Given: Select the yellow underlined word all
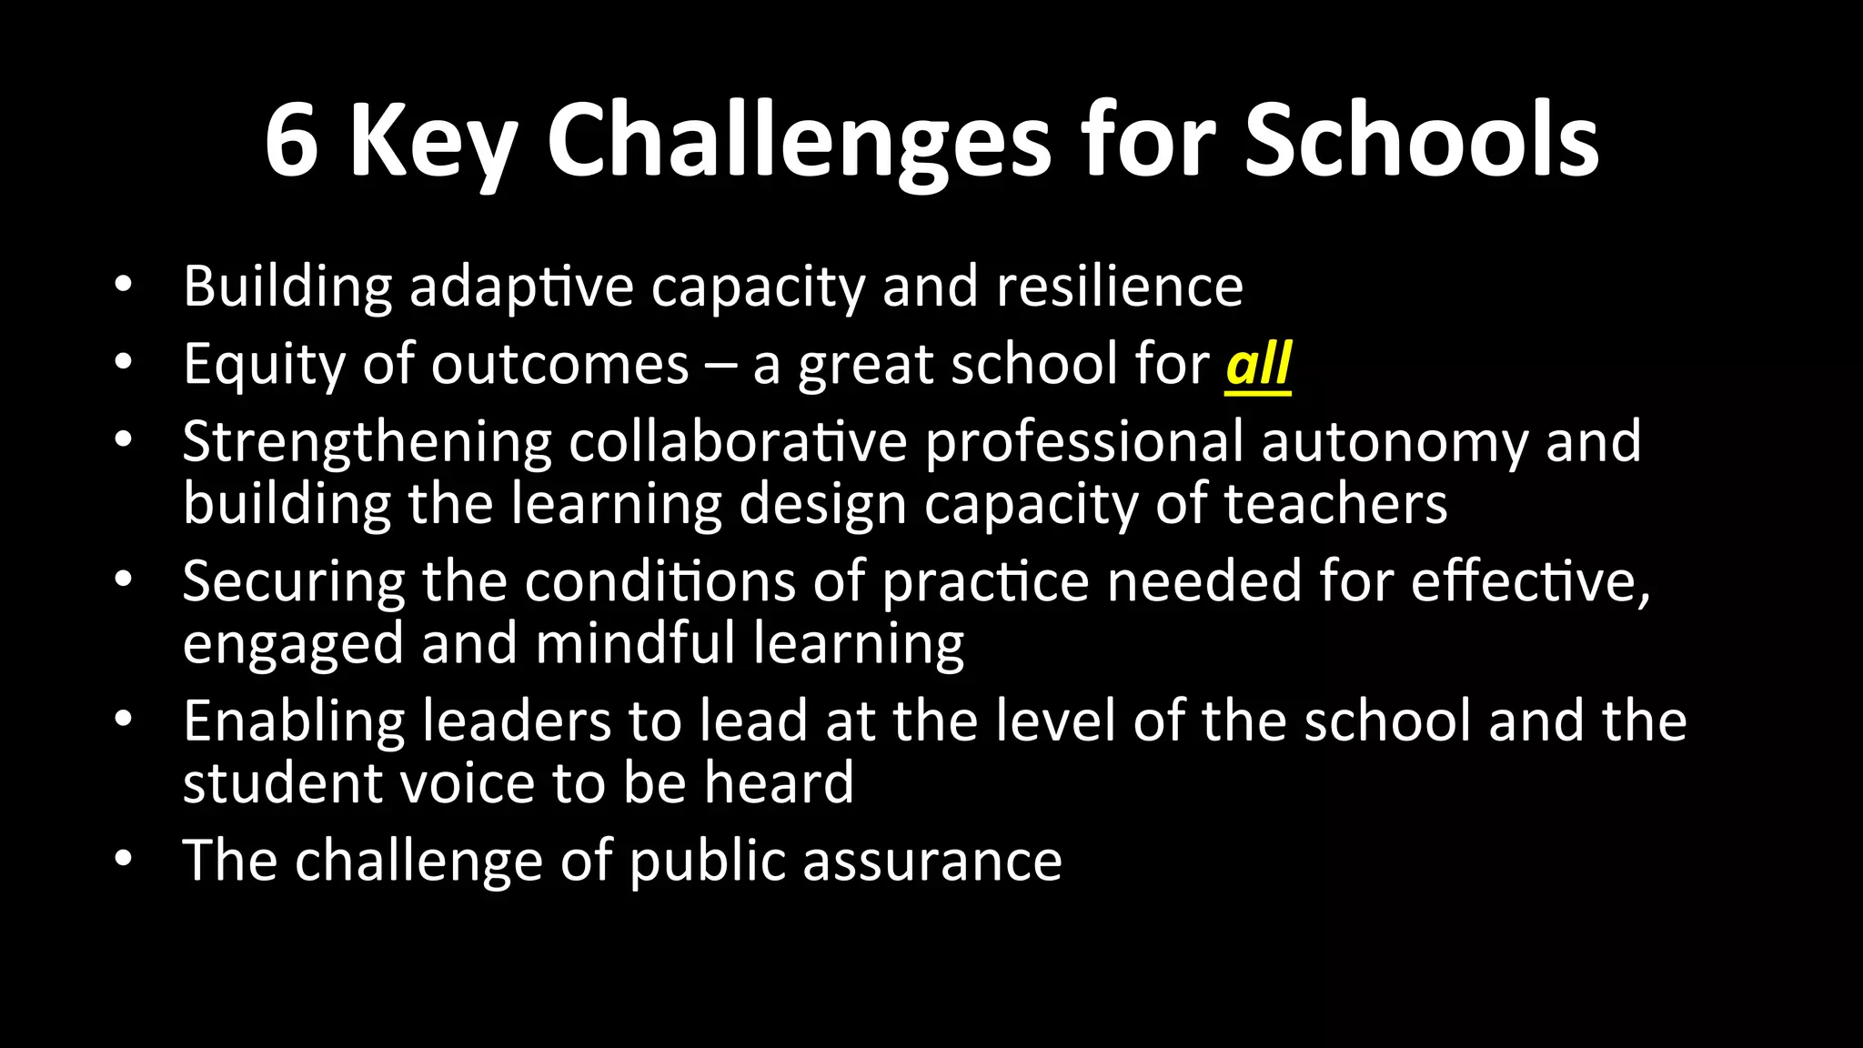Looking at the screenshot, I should coord(1258,365).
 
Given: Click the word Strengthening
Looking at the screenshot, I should coord(367,443).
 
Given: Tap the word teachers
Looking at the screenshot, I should coord(1335,504).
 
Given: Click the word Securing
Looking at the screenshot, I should coord(293,582).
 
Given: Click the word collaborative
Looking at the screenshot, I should coord(738,442).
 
